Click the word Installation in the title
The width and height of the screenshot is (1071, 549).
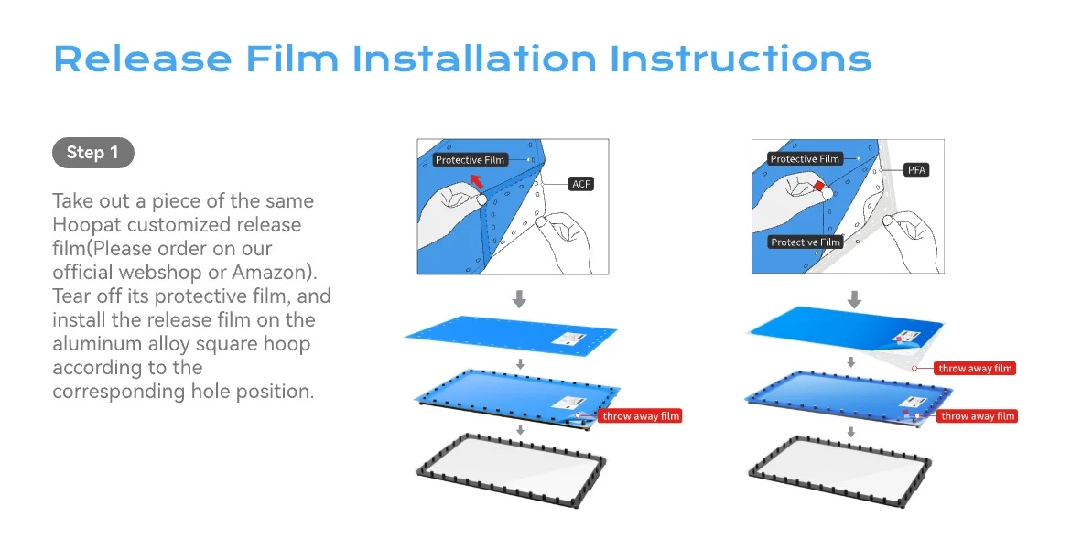(474, 59)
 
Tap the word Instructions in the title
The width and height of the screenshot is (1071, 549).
(741, 59)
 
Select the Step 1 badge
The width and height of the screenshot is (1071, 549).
(92, 152)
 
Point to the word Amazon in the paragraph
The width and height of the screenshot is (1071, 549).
(271, 272)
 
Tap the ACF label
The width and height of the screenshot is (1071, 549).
(581, 184)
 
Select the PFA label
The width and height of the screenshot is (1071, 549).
(916, 170)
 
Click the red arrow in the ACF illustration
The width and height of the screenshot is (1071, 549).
(475, 181)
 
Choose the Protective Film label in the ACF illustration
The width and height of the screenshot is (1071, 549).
(470, 160)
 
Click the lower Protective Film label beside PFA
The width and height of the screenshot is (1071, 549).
(806, 242)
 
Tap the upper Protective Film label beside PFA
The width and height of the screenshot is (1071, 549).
(805, 159)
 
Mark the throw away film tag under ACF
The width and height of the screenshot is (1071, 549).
(641, 415)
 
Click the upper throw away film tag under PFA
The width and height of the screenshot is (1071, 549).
(975, 368)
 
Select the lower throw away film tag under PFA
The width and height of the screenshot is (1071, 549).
(978, 415)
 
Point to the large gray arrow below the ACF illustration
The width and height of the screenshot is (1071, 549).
(519, 299)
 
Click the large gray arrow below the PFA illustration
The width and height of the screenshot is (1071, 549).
(854, 299)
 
